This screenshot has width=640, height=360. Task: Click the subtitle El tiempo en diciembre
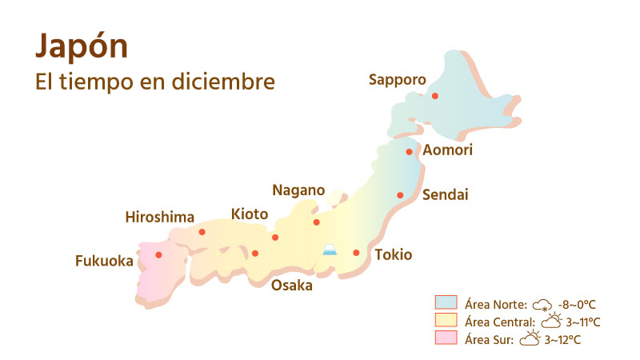155,82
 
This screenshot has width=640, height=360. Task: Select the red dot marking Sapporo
435,96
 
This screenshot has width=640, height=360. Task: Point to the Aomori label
448,150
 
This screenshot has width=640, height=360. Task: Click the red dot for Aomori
409,151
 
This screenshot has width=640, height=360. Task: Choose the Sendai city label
445,194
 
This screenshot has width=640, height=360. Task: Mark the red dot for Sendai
401,195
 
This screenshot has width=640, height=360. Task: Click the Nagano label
299,190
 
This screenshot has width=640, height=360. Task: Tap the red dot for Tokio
357,253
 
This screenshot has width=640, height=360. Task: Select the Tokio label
394,255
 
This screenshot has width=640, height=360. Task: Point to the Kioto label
250,214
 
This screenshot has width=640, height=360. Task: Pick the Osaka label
291,286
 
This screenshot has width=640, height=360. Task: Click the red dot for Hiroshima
202,232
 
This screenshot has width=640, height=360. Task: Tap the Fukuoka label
104,260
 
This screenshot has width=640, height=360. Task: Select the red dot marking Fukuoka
158,254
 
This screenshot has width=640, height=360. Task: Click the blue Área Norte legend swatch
446,303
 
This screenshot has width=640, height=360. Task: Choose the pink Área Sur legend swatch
446,338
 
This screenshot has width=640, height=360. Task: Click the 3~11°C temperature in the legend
584,322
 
